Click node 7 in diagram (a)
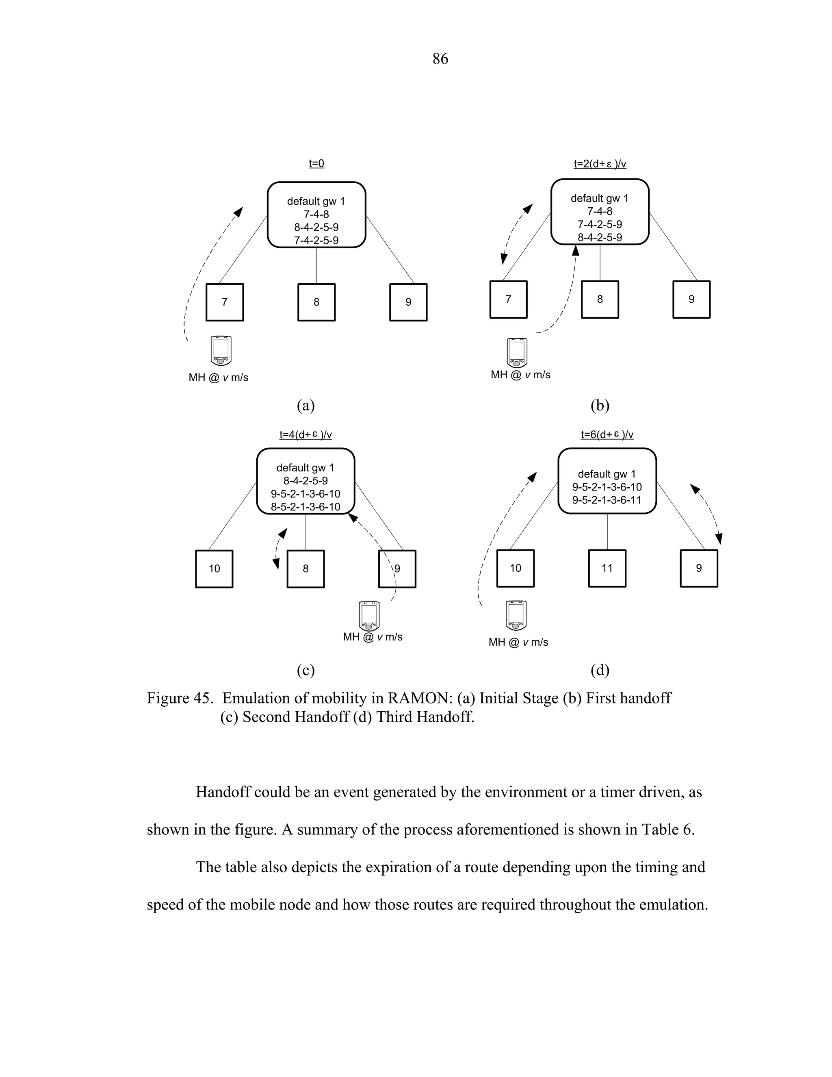click(x=224, y=302)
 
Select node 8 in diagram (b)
click(x=600, y=300)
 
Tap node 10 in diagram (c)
click(x=214, y=569)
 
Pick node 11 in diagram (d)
click(x=607, y=568)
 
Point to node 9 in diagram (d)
click(x=698, y=568)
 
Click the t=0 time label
click(x=316, y=163)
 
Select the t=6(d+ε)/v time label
click(x=607, y=434)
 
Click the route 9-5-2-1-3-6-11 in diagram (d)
click(x=607, y=500)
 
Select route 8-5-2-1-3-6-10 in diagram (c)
click(x=305, y=506)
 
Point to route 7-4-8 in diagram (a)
click(x=316, y=215)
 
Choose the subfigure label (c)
click(x=305, y=670)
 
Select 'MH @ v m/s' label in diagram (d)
click(x=518, y=642)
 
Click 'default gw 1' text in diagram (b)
click(x=599, y=198)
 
